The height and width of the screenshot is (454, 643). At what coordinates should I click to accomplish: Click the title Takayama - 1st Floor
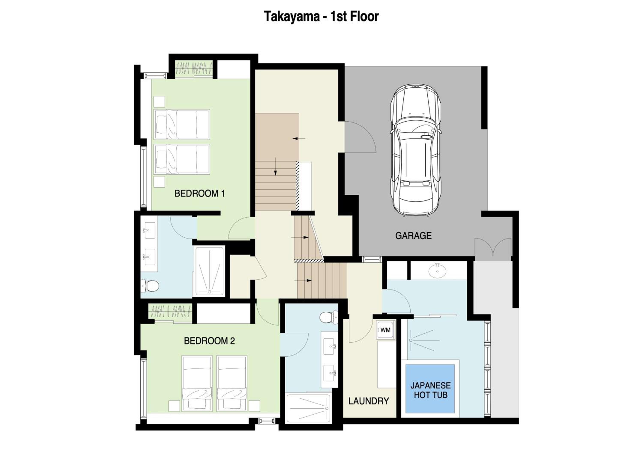coord(321,16)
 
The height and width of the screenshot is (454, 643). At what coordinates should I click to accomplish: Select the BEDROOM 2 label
coord(209,341)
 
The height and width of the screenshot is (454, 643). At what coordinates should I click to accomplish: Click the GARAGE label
coord(413,236)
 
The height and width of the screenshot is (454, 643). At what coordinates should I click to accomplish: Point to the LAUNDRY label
coord(369,401)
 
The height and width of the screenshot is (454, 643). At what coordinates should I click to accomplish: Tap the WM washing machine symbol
coord(385,330)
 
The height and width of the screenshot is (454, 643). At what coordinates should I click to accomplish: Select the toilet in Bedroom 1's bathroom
coord(150,286)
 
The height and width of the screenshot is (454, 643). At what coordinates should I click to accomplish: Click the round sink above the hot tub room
coord(437,270)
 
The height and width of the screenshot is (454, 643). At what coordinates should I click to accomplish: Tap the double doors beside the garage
coord(493,249)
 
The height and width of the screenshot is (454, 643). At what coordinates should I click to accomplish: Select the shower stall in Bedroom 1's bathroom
coord(209,271)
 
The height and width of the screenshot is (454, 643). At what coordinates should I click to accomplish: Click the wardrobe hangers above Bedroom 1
coord(194,68)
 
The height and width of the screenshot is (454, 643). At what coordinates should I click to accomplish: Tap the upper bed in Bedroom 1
coord(182,124)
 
